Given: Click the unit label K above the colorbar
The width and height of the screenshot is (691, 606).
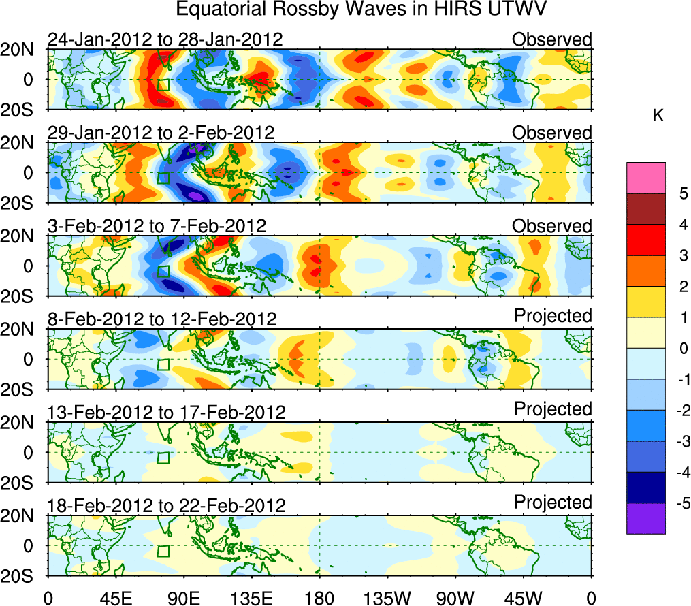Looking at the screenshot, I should coord(658,116).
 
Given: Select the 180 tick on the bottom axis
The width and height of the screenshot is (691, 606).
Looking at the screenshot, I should coord(319,597).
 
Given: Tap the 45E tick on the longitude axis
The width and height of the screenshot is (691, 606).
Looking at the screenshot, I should coord(115,597).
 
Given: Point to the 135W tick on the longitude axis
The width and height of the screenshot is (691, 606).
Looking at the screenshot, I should coord(387,597).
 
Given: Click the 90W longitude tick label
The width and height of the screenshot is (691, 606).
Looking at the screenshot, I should coord(455,597).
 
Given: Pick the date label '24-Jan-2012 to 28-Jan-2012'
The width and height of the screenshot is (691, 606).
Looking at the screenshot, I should coord(165,39).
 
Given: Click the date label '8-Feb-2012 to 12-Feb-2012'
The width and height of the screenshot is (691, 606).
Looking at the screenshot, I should coord(162,319).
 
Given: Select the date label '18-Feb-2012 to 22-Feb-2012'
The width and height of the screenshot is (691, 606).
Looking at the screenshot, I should coord(166,505).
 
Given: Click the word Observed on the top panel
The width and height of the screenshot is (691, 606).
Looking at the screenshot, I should coord(552,39).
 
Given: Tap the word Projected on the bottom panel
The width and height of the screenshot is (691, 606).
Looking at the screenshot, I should coord(553,503).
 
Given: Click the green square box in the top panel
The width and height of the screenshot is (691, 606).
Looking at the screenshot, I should coord(163,85).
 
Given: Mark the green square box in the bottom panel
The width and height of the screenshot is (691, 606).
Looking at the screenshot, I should coord(163,551).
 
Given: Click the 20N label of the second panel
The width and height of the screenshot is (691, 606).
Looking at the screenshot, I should coord(18,143).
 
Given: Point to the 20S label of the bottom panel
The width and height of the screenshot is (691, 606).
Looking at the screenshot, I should coord(18,575).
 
